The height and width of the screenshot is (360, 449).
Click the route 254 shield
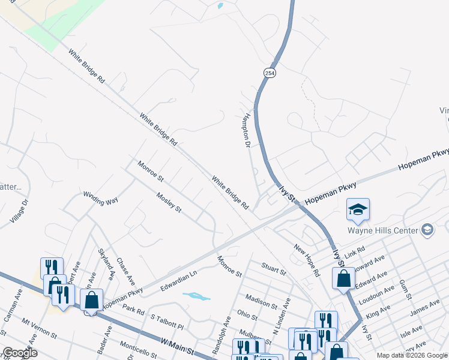[x=268, y=72]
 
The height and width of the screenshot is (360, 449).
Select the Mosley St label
[x=169, y=202]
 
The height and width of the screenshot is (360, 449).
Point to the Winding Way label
[x=100, y=197]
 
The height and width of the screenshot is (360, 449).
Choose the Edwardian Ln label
[x=179, y=281]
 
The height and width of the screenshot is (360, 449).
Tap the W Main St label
[x=180, y=348]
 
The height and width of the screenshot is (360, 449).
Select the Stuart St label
[x=274, y=268]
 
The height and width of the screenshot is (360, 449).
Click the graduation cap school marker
[x=358, y=209]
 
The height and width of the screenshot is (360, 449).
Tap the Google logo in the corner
[x=20, y=353]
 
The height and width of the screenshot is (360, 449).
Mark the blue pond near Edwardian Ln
[x=196, y=296]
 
